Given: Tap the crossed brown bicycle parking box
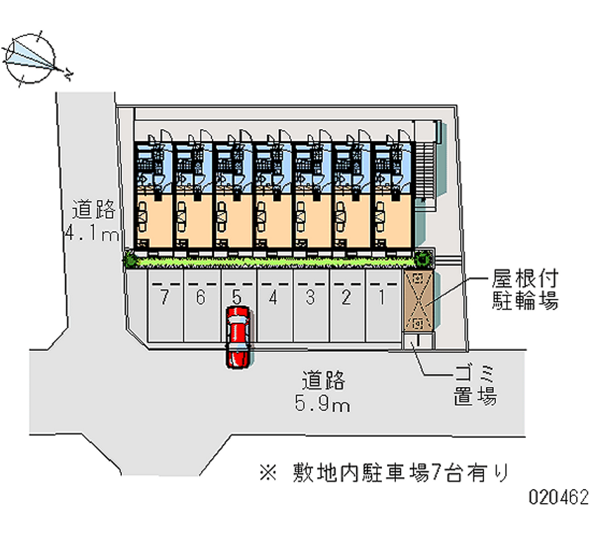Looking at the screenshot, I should pyautogui.click(x=418, y=302).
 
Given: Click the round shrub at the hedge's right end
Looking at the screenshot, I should pyautogui.click(x=422, y=259).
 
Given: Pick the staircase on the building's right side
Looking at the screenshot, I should pyautogui.click(x=426, y=170).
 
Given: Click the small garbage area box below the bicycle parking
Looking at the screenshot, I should pyautogui.click(x=417, y=341).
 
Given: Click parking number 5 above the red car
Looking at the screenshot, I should pyautogui.click(x=236, y=298).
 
